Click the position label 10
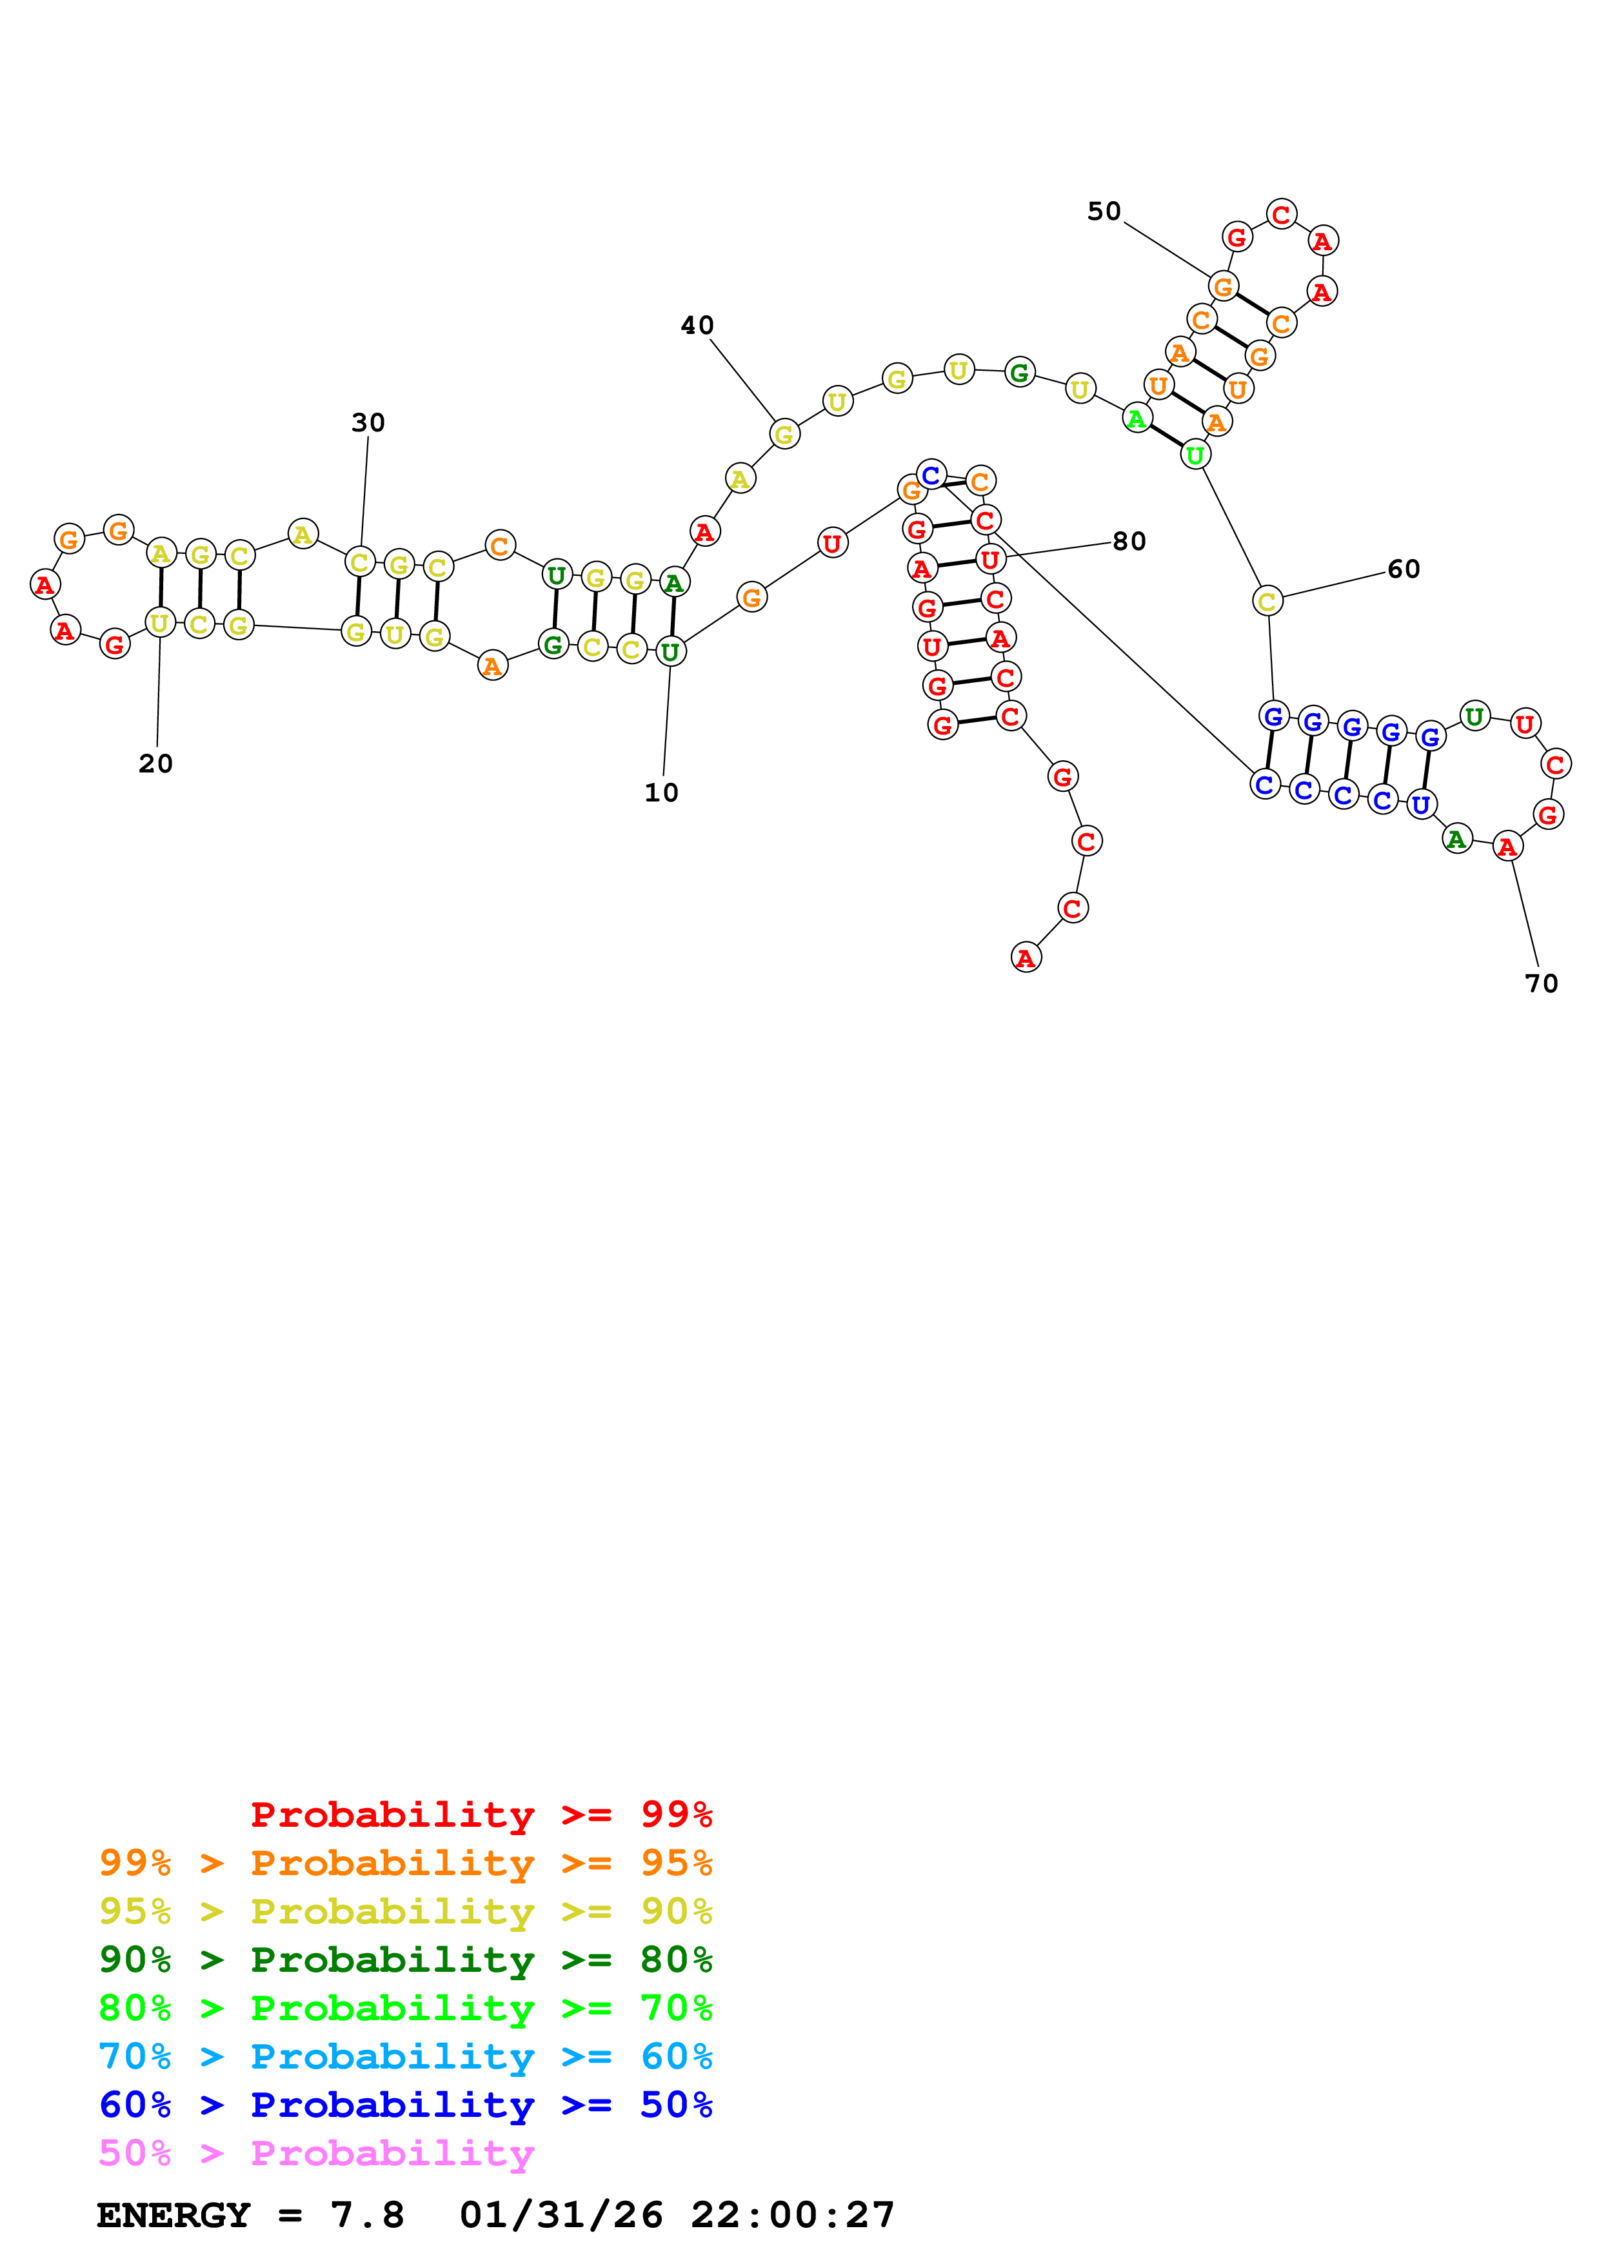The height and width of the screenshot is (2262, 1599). click(x=661, y=793)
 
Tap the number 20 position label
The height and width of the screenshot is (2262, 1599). click(x=155, y=765)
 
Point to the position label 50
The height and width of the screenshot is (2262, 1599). click(x=1104, y=211)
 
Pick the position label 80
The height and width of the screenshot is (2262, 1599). click(x=1129, y=542)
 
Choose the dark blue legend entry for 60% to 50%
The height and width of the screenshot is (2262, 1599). click(x=405, y=2105)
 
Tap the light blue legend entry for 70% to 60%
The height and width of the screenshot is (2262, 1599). click(x=405, y=2057)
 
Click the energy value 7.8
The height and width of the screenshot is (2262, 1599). click(x=366, y=2216)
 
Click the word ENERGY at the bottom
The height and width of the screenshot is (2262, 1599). click(x=174, y=2216)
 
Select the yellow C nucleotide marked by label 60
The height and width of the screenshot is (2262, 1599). click(x=1267, y=601)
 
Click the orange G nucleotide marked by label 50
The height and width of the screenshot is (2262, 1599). click(x=1223, y=287)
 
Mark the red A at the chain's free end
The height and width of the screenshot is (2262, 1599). click(x=1026, y=958)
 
